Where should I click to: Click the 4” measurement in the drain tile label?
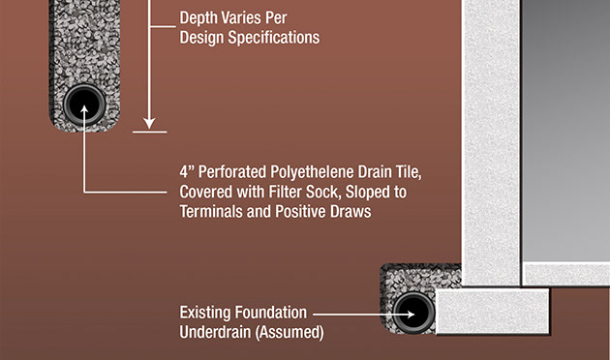point(187,172)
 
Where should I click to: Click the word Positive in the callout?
point(300,212)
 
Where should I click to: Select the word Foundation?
point(271,313)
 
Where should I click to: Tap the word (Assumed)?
point(290,332)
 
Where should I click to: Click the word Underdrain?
point(215,332)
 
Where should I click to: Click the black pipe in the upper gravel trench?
point(84,105)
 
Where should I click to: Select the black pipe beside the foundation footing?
point(413,313)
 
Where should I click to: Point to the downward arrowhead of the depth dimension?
point(149,124)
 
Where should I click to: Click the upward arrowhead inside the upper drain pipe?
point(84,109)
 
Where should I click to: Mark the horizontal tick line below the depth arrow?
point(150,133)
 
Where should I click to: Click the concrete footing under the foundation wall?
point(493,312)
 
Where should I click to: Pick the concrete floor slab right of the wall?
point(566,274)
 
